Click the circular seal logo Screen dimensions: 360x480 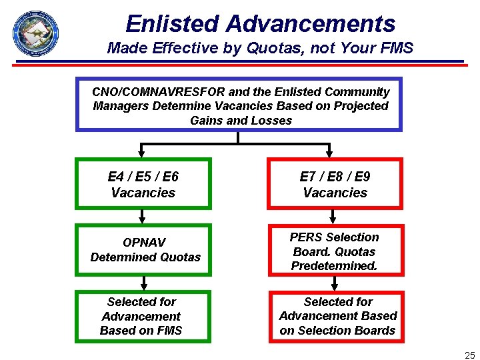[x=35, y=33]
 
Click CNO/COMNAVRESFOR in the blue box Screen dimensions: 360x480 [x=159, y=92]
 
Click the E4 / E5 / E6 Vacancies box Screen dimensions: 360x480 [x=143, y=184]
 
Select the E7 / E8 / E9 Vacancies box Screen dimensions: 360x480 [x=335, y=184]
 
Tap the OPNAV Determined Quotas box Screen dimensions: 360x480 [x=145, y=249]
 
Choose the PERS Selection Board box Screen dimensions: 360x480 [x=335, y=251]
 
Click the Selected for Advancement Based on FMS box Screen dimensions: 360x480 [x=141, y=316]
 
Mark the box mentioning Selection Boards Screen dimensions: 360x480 [x=337, y=316]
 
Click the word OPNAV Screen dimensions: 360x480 [x=145, y=242]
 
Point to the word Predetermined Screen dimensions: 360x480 [x=334, y=266]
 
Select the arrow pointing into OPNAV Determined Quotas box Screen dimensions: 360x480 [x=142, y=217]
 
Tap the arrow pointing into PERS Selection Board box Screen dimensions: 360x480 [x=333, y=217]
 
